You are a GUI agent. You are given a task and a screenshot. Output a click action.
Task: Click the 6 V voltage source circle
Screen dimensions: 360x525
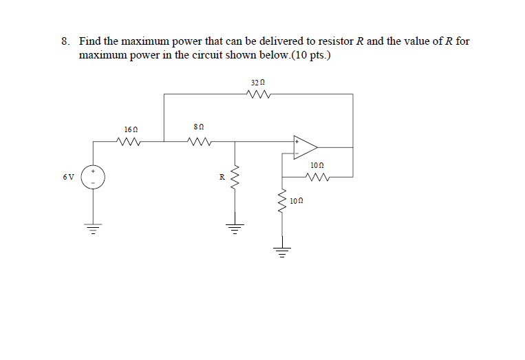point(93,177)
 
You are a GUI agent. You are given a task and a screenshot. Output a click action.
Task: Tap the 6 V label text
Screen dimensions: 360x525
point(68,177)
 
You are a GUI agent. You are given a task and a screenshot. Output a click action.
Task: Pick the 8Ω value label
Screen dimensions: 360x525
point(200,127)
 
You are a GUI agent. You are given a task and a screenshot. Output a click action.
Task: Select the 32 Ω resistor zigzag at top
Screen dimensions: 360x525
point(259,95)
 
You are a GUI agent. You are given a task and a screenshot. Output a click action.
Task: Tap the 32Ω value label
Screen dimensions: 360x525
point(259,82)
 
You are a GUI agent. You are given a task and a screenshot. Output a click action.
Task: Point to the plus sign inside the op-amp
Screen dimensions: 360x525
point(297,141)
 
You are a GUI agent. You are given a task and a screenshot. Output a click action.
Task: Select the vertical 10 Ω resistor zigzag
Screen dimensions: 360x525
point(281,202)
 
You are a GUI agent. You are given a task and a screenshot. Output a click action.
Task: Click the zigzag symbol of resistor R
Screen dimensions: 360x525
point(235,179)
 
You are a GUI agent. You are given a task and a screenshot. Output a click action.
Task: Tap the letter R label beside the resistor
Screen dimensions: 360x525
point(222,178)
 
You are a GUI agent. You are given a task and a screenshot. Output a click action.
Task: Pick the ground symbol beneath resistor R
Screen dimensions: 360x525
point(235,227)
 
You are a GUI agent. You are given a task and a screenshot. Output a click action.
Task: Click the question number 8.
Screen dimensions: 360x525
point(65,41)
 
